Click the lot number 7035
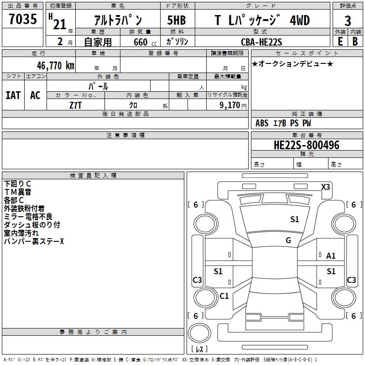(x=23, y=19)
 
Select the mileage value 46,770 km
(x=55, y=66)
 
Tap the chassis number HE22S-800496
(x=307, y=145)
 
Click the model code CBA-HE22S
(x=261, y=42)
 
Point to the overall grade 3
(x=348, y=21)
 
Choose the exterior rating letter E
(x=340, y=42)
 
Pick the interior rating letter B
(x=355, y=42)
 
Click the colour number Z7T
(x=75, y=105)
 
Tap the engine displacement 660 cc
(x=145, y=42)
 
